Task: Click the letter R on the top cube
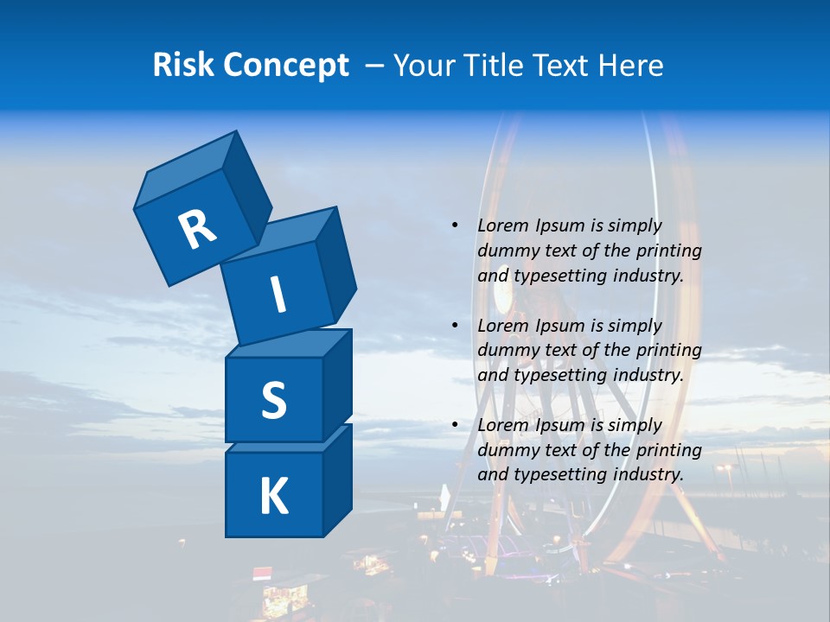click(198, 230)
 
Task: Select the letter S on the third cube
click(273, 400)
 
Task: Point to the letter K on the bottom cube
click(273, 497)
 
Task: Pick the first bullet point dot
click(455, 226)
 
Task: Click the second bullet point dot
click(455, 326)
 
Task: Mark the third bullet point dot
click(455, 425)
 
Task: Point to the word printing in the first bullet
click(670, 251)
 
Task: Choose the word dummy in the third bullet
click(505, 450)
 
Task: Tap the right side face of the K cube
click(337, 479)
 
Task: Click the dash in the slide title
click(375, 66)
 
